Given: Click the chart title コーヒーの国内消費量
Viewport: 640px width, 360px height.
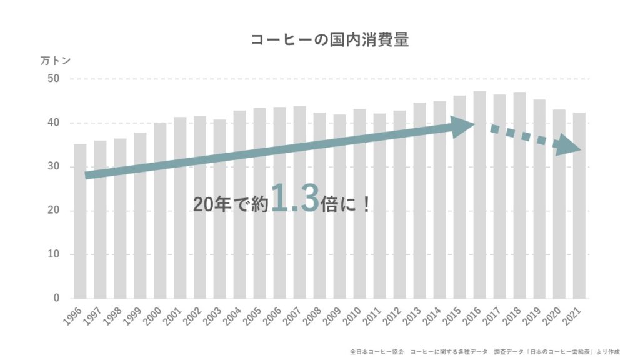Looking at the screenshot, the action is (329, 40).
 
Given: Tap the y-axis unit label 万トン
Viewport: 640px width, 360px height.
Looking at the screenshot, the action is (56, 61).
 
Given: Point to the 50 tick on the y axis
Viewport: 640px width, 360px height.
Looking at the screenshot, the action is (54, 78).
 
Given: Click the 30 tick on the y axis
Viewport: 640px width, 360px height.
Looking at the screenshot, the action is (54, 166).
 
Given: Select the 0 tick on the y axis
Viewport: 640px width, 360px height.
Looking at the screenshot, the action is (57, 298).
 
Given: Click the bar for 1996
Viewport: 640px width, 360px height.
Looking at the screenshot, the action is (80, 221).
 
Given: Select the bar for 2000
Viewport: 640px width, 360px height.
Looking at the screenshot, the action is (160, 211).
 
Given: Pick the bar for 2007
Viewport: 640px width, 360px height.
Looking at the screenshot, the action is (299, 202).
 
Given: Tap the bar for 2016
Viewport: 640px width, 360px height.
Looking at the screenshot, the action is (479, 195).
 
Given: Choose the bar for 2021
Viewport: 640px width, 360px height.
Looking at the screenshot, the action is (579, 206).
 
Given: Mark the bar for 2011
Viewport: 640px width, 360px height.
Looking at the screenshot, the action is (379, 206).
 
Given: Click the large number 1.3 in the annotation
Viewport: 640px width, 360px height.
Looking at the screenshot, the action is (295, 198).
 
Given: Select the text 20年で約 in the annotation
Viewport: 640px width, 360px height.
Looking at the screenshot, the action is (231, 204).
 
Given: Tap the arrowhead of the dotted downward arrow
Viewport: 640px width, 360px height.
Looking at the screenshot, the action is (569, 145).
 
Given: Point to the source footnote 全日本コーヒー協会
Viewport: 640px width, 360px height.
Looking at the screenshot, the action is (377, 351).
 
